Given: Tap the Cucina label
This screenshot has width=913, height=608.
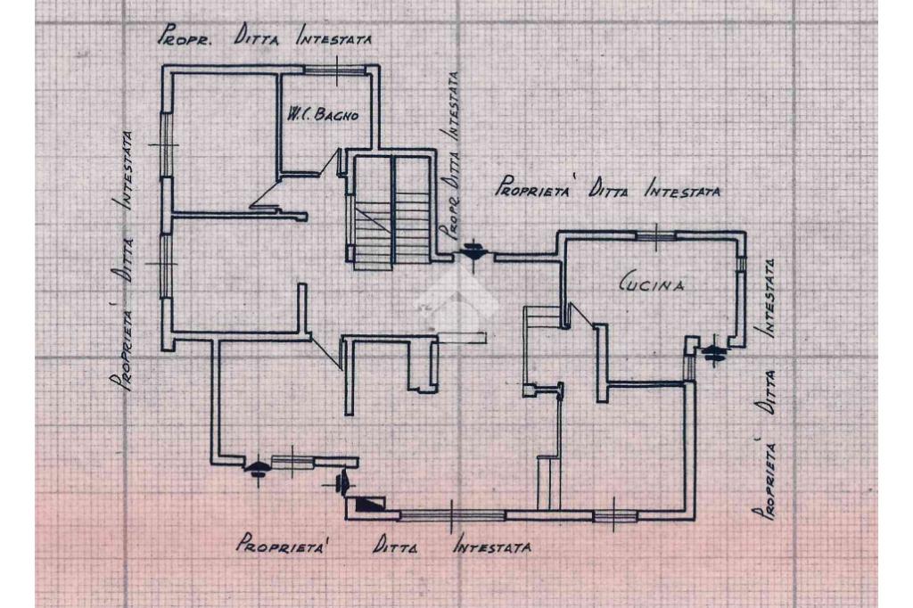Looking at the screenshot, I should [652, 284].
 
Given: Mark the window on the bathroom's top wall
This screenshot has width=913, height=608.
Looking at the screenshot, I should [336, 69].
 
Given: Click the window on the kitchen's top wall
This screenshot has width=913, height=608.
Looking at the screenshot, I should [655, 234].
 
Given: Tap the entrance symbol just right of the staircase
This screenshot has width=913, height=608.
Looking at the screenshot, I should [472, 254].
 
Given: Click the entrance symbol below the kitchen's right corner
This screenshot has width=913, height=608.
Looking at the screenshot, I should [713, 353].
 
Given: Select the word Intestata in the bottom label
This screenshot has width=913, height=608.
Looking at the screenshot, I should [493, 545].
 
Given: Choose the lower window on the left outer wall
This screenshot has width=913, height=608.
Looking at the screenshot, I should [165, 264].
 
